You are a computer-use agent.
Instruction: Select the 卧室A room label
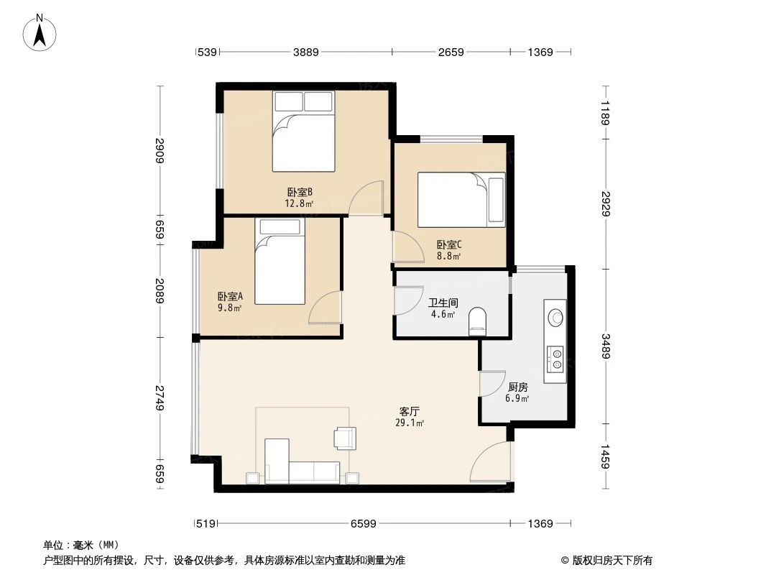coord(231,296)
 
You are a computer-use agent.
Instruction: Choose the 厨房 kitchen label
coord(517,387)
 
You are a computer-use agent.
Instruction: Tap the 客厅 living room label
coord(410,412)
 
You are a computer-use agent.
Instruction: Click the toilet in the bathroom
coord(477,321)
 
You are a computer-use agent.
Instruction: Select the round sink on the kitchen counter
coord(555,316)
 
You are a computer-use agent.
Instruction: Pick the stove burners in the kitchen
coord(555,359)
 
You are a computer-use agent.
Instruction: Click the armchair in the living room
coord(345,438)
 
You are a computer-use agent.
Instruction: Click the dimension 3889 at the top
coord(306,52)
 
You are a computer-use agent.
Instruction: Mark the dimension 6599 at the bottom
coord(364,524)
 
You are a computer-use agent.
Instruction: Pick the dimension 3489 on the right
coord(607,349)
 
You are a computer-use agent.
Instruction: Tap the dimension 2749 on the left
coord(159,398)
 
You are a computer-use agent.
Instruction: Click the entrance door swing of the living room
coord(491,464)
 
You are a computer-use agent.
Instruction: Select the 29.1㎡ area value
coord(409,423)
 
